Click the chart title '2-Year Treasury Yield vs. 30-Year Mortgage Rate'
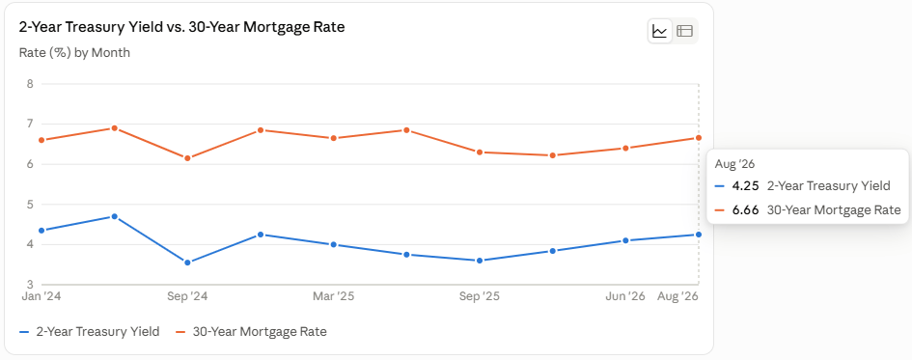point(182,27)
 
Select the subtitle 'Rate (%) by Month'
point(74,53)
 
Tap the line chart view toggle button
point(659,31)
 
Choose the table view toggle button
point(685,31)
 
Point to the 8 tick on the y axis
point(30,84)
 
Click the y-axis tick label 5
point(30,205)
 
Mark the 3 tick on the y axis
point(30,285)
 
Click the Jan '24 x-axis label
point(41,296)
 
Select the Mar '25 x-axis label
point(333,296)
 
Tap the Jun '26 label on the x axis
point(625,296)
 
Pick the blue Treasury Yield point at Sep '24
point(187,263)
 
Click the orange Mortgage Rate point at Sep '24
point(187,158)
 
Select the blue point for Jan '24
point(41,231)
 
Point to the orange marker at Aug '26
point(699,138)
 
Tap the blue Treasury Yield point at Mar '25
point(333,245)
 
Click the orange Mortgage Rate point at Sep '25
point(480,152)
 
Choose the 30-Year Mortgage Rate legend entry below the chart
point(251,332)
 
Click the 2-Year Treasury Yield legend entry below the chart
point(90,332)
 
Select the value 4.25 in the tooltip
point(745,186)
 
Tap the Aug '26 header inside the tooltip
point(734,165)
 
